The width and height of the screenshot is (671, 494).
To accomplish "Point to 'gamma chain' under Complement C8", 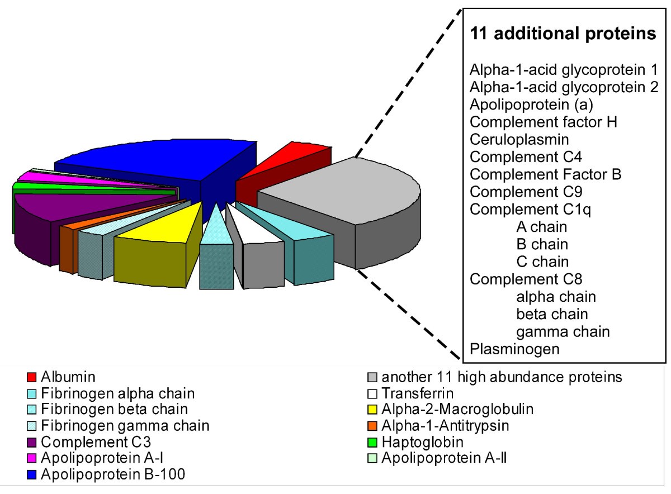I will [563, 332].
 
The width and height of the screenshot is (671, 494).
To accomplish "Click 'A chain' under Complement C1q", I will [541, 227].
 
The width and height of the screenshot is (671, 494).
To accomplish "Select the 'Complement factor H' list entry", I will [543, 122].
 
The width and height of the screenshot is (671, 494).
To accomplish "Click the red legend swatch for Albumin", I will [32, 377].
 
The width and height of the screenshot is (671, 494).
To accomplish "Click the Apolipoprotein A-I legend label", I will [103, 459].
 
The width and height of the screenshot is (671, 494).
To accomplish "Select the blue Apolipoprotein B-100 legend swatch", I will [32, 475].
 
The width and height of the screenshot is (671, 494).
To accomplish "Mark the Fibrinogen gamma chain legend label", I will [126, 426].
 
